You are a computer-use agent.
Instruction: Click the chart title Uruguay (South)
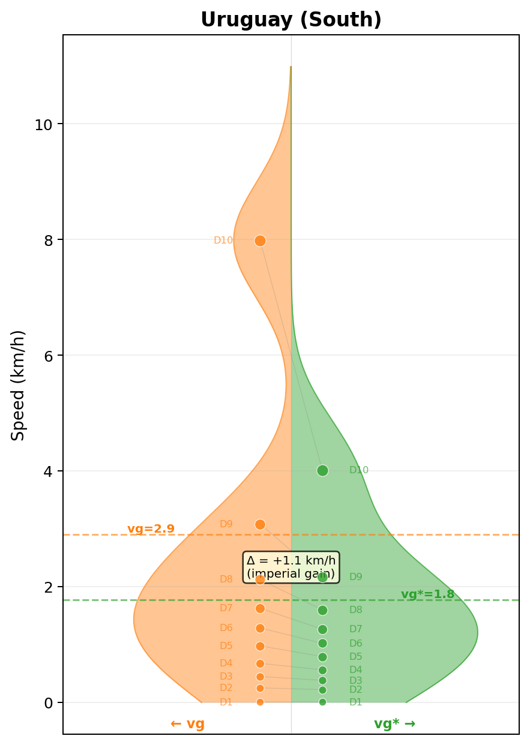tap(291, 20)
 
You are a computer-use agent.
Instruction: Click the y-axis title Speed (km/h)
tap(19, 385)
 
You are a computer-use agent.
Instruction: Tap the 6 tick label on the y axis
tap(48, 356)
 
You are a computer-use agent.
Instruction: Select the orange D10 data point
tap(260, 241)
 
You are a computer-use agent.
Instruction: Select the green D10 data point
tap(322, 470)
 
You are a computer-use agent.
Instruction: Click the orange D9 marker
tap(260, 524)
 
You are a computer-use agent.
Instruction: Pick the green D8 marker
tap(322, 610)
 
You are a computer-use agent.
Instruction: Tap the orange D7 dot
tap(260, 608)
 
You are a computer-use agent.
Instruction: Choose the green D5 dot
tap(322, 657)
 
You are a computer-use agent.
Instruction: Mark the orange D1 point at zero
tap(260, 702)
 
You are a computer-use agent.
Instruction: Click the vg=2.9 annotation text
tap(151, 529)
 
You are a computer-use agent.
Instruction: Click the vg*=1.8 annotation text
tap(427, 594)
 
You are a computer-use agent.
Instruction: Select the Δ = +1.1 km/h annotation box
tap(291, 567)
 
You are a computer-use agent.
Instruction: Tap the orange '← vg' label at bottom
tap(187, 724)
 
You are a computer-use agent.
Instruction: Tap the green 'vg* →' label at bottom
tap(394, 724)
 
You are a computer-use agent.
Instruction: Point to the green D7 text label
tap(356, 629)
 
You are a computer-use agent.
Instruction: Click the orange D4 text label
tap(226, 663)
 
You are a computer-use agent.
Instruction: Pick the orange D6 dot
tap(260, 628)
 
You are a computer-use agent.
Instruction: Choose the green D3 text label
tap(356, 681)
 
